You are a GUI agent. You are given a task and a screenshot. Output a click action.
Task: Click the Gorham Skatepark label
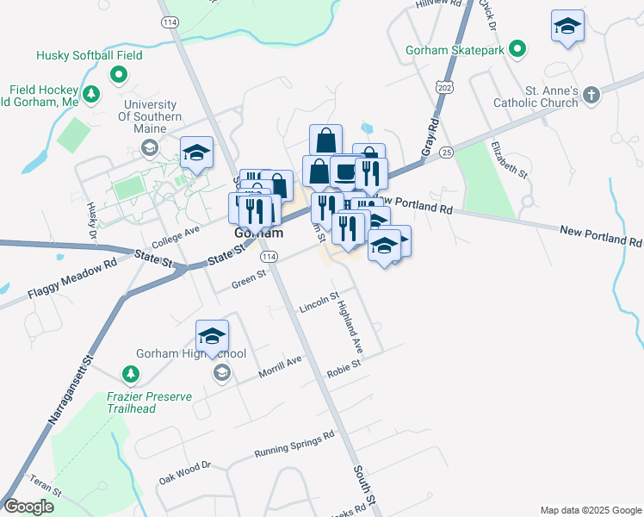click(455, 50)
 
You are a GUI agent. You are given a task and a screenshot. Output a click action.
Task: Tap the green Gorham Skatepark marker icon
click(517, 49)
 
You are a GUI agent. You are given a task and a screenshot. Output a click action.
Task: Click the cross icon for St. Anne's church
click(591, 95)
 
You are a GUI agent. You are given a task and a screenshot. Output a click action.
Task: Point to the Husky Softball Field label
click(90, 55)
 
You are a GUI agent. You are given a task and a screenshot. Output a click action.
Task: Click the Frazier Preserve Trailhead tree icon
click(130, 374)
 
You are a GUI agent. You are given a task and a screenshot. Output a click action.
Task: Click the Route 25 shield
click(445, 153)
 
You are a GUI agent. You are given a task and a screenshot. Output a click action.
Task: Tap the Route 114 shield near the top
click(169, 22)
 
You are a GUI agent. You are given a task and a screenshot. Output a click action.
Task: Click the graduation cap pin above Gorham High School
click(212, 336)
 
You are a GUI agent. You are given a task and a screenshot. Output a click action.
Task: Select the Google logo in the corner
click(28, 507)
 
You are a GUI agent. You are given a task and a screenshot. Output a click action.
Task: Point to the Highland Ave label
click(350, 325)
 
